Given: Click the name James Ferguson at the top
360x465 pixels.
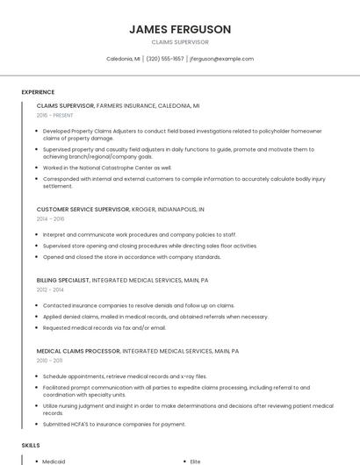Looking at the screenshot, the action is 180,29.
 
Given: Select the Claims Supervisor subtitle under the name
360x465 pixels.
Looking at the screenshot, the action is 180,42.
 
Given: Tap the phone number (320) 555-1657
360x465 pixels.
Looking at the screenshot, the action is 165,59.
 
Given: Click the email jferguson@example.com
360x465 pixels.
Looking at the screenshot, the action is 221,59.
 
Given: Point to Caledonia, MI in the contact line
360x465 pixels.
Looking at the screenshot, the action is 123,59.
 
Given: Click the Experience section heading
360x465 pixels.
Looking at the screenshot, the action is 38,92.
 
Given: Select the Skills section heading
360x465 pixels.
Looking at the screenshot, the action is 31,446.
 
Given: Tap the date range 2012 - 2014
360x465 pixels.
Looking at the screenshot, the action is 50,289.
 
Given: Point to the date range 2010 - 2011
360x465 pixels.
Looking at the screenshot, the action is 49,360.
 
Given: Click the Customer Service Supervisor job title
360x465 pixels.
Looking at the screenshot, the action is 83,210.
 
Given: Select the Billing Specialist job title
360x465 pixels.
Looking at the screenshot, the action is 62,280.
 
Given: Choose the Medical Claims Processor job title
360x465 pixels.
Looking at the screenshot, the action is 78,350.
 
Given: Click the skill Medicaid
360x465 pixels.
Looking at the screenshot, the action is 54,461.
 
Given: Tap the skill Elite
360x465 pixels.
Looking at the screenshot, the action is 196,461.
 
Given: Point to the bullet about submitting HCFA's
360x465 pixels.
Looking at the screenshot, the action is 114,424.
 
